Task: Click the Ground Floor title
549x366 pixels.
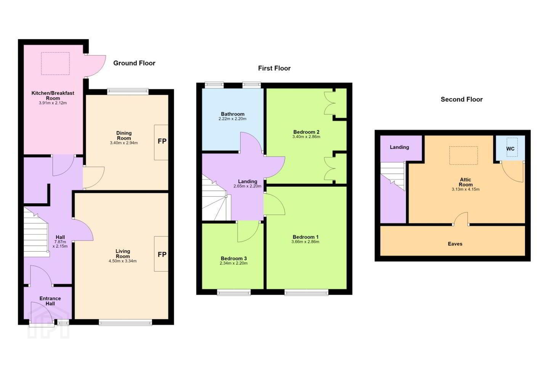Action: click(134, 63)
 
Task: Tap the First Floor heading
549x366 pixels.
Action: click(274, 68)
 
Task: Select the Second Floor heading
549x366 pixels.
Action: click(461, 99)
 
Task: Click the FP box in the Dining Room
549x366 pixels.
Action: click(161, 143)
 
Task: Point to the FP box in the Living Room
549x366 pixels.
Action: click(161, 254)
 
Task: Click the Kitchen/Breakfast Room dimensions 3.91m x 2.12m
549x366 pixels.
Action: click(53, 103)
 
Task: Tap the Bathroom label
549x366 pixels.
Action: click(233, 114)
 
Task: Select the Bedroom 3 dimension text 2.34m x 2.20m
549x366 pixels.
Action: click(234, 263)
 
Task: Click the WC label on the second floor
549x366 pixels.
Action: click(510, 149)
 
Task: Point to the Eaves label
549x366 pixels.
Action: click(455, 244)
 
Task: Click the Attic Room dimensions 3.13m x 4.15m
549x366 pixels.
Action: click(466, 189)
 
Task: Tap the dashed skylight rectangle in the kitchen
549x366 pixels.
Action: click(55, 64)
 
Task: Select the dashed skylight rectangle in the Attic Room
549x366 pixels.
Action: click(464, 156)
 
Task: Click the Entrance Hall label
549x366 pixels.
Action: click(50, 301)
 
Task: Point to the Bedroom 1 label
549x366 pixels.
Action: click(305, 237)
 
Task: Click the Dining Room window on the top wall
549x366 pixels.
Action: click(128, 91)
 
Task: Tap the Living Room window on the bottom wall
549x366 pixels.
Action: click(125, 323)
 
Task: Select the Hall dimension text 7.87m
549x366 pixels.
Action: click(60, 242)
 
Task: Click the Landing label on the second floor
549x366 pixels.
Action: click(399, 147)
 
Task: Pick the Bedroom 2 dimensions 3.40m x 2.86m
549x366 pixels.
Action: click(306, 137)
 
